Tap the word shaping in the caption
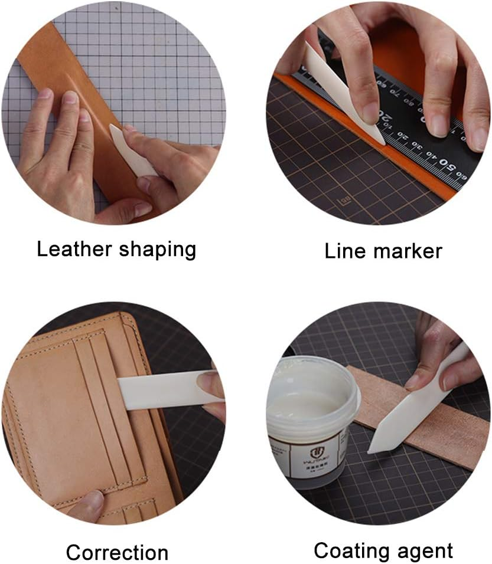(x=157, y=250)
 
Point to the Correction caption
(x=117, y=553)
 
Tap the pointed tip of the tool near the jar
(x=370, y=451)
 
